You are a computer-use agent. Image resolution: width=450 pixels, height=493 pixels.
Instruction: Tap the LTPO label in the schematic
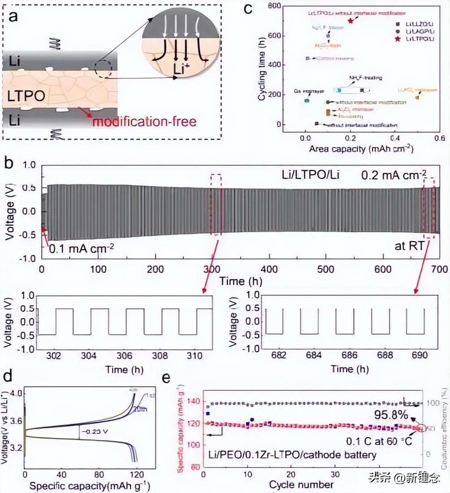pyautogui.click(x=23, y=95)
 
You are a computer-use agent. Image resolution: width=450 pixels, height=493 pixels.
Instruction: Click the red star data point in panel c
pyautogui.click(x=350, y=21)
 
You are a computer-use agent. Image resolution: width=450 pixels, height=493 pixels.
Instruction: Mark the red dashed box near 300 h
pyautogui.click(x=216, y=204)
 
